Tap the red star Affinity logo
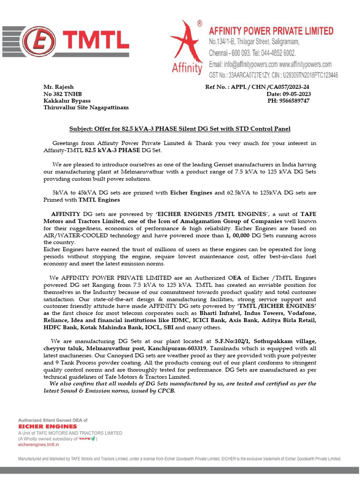187,47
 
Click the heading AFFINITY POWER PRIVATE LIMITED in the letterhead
271,31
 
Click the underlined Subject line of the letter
180,129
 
